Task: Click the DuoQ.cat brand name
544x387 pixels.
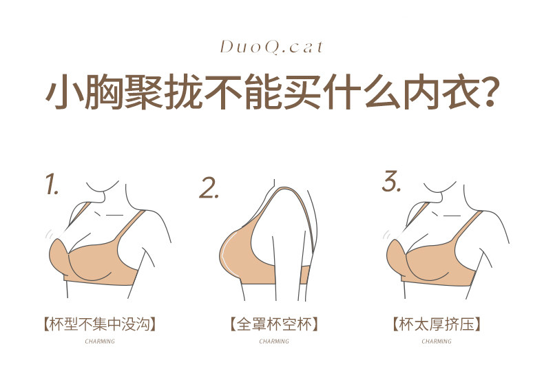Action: (271, 48)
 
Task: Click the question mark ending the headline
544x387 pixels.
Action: (489, 92)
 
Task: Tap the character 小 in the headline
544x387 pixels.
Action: (64, 92)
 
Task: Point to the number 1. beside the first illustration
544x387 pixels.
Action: (52, 184)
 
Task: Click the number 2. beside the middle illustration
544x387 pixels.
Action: (209, 188)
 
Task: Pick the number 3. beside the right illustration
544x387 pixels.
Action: (392, 181)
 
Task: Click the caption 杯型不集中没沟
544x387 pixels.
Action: (100, 324)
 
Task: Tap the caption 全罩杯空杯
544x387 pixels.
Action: (274, 324)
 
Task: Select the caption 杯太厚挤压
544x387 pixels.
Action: (437, 324)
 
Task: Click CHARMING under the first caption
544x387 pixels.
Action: (100, 342)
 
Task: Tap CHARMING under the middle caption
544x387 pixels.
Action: (274, 342)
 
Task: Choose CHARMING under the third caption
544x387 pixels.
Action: (437, 342)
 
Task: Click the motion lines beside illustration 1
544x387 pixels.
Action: (49, 234)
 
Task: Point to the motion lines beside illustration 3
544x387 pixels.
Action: (386, 235)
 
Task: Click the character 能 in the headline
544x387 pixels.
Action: (262, 92)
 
